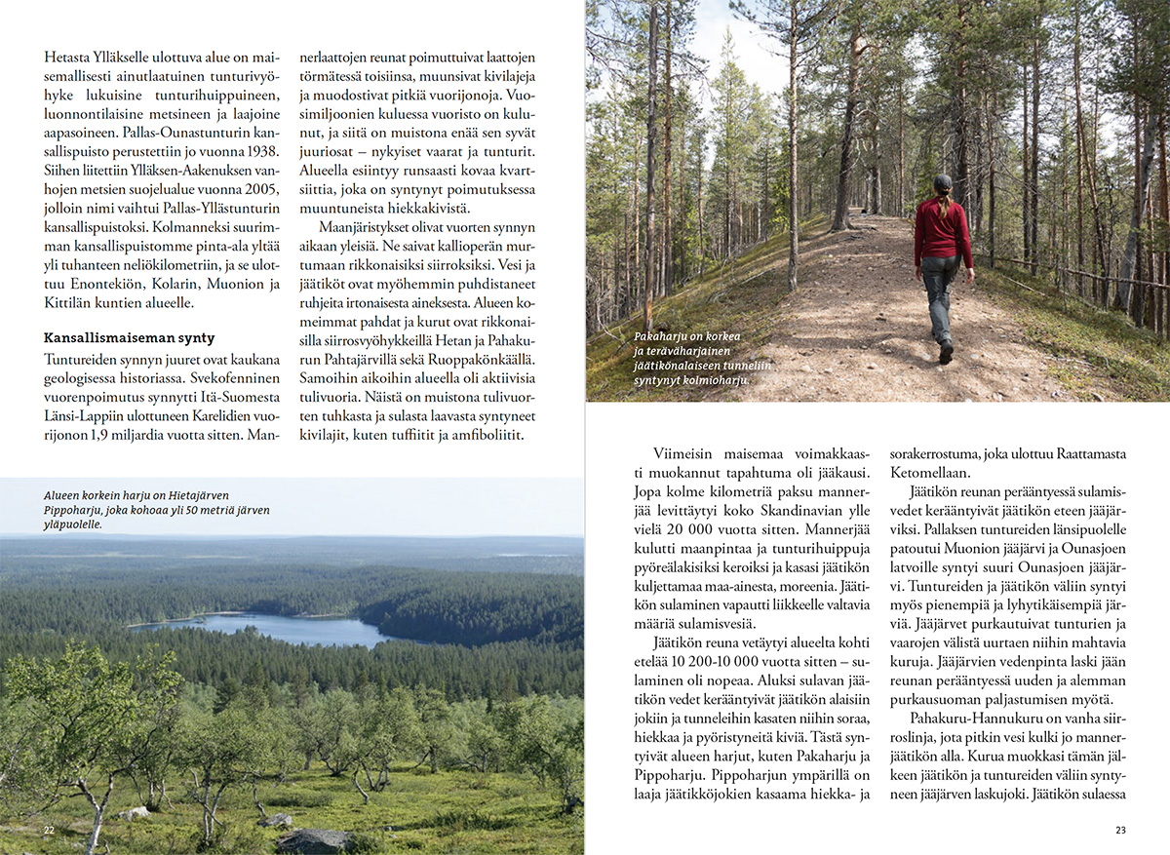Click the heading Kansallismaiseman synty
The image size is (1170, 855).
point(129,338)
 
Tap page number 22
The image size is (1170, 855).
point(49,830)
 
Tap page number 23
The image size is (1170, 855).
point(1120,830)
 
